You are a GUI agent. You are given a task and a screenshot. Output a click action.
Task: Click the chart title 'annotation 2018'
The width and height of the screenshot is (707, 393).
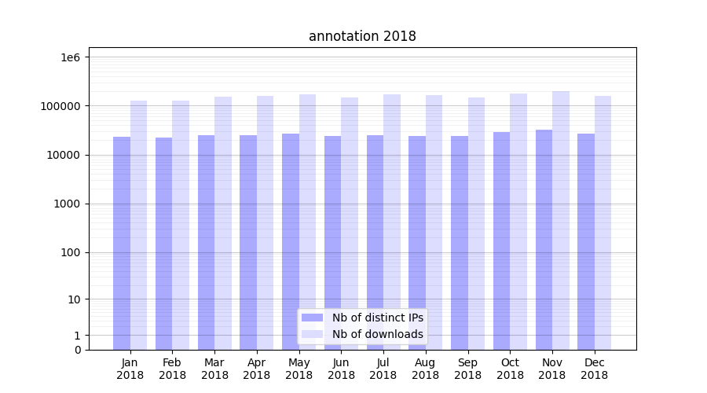click(x=362, y=36)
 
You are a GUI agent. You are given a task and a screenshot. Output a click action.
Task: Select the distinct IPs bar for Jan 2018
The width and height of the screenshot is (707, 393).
click(x=122, y=243)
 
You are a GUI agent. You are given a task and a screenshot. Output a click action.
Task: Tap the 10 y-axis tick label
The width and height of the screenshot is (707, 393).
click(x=75, y=299)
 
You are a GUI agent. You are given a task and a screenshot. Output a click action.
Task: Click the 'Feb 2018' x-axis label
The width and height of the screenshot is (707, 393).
click(x=172, y=369)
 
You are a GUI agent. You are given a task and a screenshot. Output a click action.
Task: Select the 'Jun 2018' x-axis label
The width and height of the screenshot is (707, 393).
click(x=341, y=369)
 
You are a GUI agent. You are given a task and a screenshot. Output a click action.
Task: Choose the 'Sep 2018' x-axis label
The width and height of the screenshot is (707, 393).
click(x=467, y=369)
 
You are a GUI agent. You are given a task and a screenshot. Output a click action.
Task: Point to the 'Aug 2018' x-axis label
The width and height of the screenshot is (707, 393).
click(x=425, y=369)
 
